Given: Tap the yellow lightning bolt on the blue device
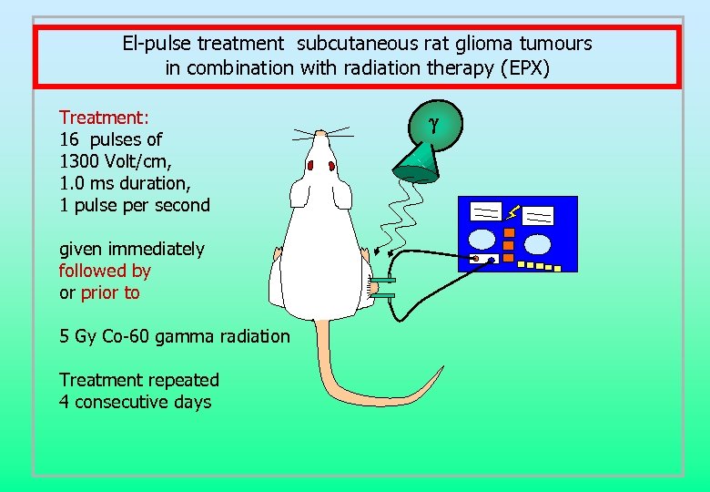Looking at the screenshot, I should pos(512,212).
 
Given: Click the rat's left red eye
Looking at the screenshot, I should pos(309,166).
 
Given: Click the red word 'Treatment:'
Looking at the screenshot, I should pos(104,118).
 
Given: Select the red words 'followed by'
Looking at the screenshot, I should pos(105,271).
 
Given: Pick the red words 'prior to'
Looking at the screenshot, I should pos(110,292).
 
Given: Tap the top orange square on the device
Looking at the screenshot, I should pos(510,232).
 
